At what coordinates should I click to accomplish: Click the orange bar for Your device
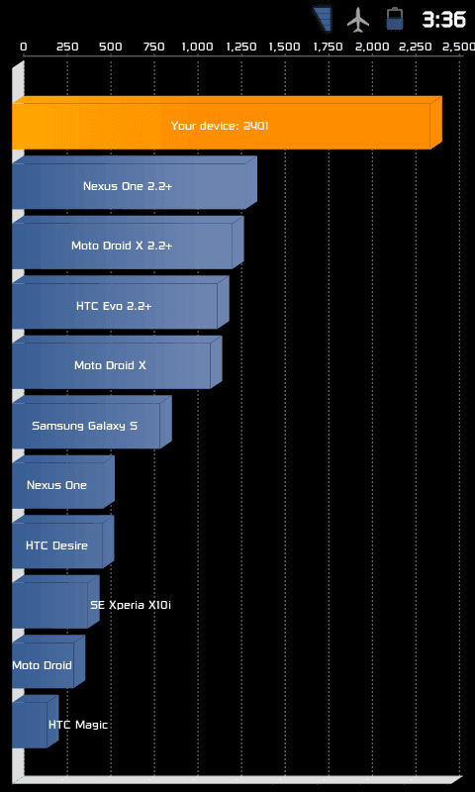227,123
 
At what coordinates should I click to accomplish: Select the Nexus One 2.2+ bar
135,183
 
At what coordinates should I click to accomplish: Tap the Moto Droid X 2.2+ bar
128,243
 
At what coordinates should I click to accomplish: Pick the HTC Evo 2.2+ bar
120,303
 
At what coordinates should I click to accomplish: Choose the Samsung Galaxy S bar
91,423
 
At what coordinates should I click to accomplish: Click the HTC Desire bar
62,542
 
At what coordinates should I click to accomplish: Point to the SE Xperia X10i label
131,605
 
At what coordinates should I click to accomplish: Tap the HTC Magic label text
78,725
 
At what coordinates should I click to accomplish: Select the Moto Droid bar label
42,665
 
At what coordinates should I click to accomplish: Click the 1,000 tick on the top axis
197,47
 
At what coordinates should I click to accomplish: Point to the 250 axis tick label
67,47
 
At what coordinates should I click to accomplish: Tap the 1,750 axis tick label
329,47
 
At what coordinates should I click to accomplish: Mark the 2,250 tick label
416,47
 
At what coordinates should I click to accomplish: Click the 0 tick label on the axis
24,47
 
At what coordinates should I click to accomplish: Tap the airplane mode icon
358,19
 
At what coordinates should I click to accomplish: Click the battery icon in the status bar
394,19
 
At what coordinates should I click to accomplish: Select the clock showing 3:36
443,20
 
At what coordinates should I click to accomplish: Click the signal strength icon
322,19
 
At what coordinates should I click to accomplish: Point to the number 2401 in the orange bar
255,126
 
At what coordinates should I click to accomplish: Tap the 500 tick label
111,47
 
